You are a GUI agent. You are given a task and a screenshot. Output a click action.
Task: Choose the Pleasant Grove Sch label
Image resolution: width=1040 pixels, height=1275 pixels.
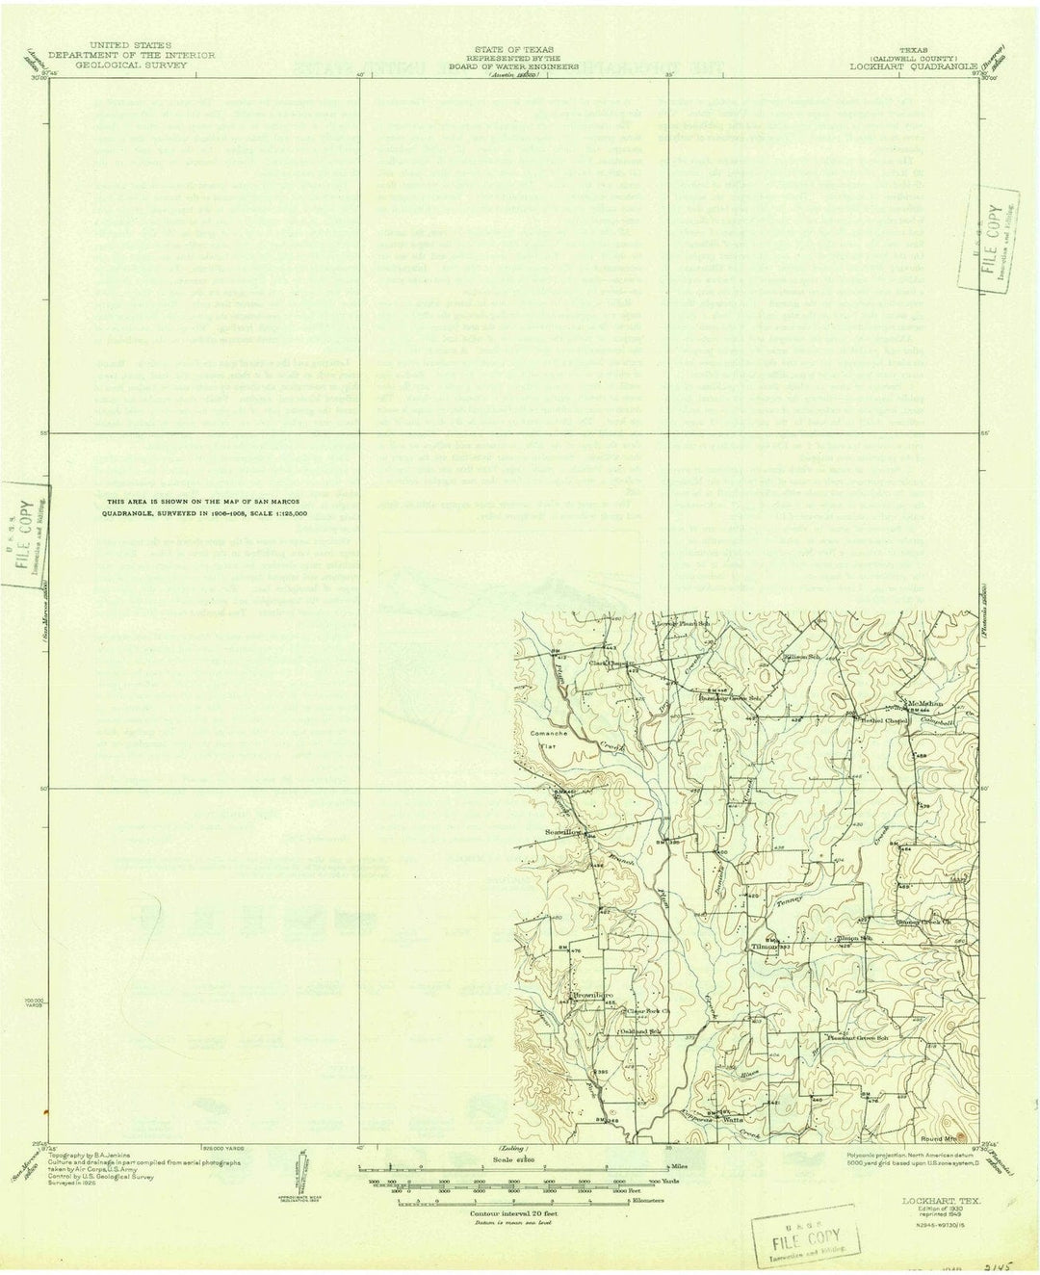pyautogui.click(x=859, y=1037)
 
